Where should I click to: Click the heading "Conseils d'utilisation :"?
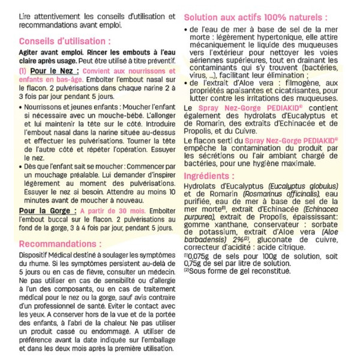[x=65, y=42]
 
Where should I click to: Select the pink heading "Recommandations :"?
[x=60, y=244]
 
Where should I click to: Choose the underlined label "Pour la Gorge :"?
[x=47, y=211]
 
